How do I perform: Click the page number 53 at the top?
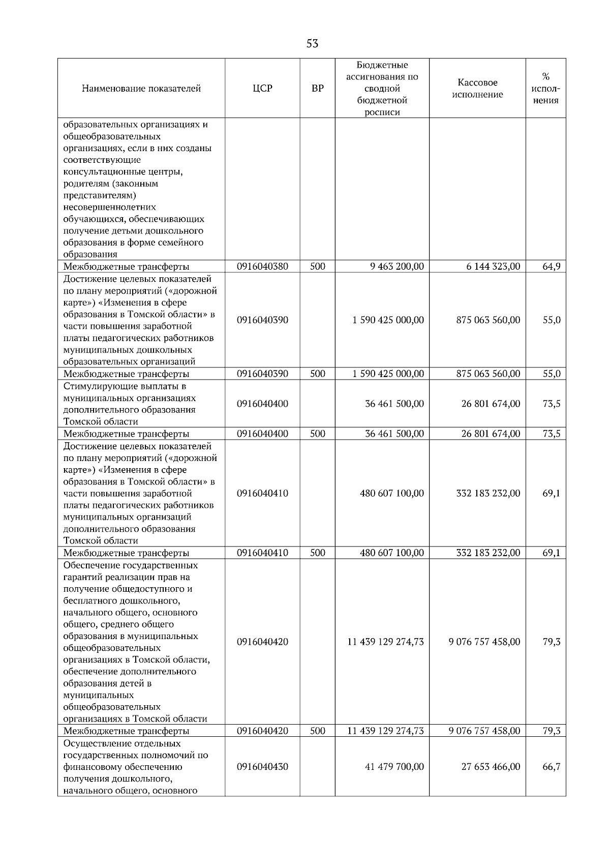312,44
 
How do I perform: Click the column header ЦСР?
262,89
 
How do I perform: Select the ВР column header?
317,89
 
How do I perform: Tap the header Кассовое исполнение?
477,89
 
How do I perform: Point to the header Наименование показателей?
141,89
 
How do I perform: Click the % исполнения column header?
546,89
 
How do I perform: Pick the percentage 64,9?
551,266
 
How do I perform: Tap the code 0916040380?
262,266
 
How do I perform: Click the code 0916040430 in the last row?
262,767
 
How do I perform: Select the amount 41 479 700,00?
394,767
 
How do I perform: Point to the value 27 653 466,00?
491,767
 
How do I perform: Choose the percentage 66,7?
551,767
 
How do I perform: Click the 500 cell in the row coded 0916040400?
317,434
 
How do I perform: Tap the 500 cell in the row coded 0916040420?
317,731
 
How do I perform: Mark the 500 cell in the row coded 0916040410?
317,553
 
